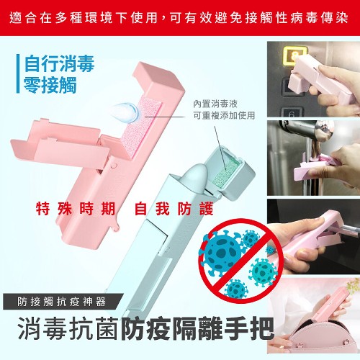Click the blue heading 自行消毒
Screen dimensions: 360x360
click(x=59, y=63)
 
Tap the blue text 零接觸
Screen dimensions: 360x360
click(x=50, y=85)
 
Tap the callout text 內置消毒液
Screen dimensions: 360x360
click(x=215, y=104)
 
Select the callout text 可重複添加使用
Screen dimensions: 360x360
click(x=224, y=116)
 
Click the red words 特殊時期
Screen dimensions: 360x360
click(x=76, y=209)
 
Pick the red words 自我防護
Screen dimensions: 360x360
click(x=174, y=209)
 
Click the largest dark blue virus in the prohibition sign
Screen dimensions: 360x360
click(x=221, y=251)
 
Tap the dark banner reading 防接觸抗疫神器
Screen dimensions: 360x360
click(x=63, y=302)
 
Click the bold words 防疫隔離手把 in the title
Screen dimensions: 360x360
click(x=197, y=328)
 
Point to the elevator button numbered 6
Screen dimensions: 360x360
click(x=291, y=113)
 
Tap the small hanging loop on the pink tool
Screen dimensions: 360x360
click(x=116, y=228)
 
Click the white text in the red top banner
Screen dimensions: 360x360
click(x=179, y=18)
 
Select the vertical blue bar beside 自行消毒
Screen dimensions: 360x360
click(x=18, y=73)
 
